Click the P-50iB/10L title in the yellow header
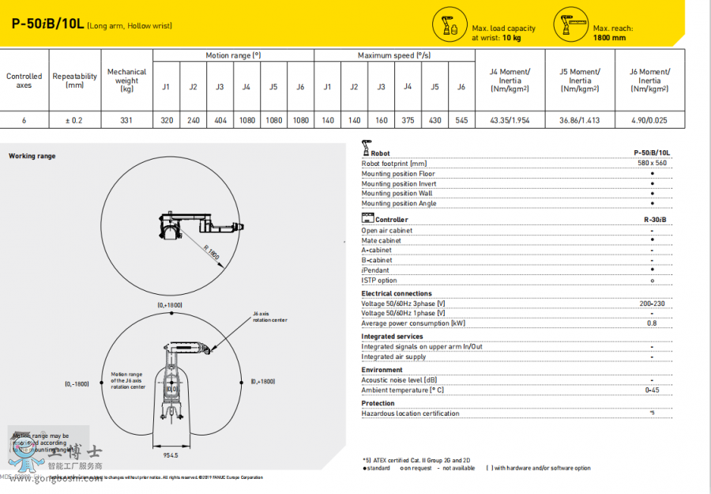click(47, 25)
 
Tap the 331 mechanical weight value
click(126, 121)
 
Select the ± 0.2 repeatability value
click(75, 121)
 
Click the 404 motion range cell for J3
click(220, 121)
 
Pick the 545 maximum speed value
click(461, 121)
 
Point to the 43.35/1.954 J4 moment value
click(510, 121)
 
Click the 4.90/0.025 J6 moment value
click(649, 121)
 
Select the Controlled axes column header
click(24, 81)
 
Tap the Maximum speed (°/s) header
click(394, 55)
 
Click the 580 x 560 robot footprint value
click(652, 163)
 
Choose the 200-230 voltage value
click(652, 304)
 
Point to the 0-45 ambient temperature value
click(652, 390)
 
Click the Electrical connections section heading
click(397, 293)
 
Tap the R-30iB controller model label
click(655, 220)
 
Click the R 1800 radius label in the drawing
click(211, 253)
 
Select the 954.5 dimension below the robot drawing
click(171, 455)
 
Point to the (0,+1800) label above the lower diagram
click(170, 304)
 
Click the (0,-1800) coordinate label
click(77, 383)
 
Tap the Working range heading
click(32, 156)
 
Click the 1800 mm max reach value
click(609, 37)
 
